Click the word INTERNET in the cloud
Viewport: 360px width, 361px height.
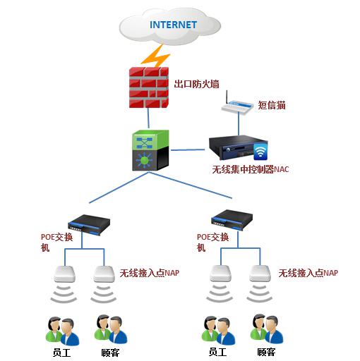(x=173, y=25)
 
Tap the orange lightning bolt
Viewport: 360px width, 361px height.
(x=155, y=56)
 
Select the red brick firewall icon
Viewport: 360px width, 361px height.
(x=149, y=87)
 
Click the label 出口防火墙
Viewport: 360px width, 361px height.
(x=196, y=84)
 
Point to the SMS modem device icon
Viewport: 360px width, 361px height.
(x=237, y=105)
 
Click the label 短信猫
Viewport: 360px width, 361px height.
(x=272, y=105)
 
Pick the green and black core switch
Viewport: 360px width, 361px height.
(x=150, y=150)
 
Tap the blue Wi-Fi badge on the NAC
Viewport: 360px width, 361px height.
(x=260, y=152)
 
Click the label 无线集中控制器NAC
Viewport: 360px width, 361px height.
(x=251, y=169)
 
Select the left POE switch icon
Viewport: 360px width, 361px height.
(x=89, y=225)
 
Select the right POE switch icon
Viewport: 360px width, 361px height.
(x=232, y=221)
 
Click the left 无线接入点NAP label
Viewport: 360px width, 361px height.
(x=150, y=273)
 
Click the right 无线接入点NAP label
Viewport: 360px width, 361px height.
(x=308, y=273)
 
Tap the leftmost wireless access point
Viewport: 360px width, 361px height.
(x=64, y=274)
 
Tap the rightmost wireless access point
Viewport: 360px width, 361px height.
(x=260, y=274)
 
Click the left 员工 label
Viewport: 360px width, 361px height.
(x=61, y=353)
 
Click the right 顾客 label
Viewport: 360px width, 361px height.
(x=266, y=352)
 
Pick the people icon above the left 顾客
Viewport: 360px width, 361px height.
(x=111, y=330)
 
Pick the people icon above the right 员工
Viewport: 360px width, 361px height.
(x=218, y=331)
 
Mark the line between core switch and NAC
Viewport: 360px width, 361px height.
(x=188, y=149)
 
